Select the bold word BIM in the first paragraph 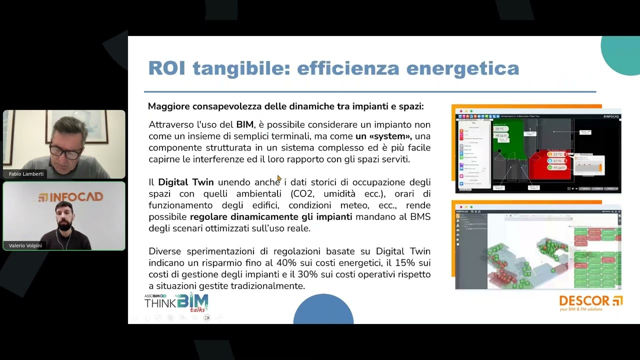[245, 124]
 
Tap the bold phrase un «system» [383, 136]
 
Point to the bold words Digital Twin [186, 182]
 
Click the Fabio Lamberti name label [26, 174]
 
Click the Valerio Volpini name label [25, 245]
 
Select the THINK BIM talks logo [176, 302]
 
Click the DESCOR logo [590, 302]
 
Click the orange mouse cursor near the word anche [279, 177]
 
